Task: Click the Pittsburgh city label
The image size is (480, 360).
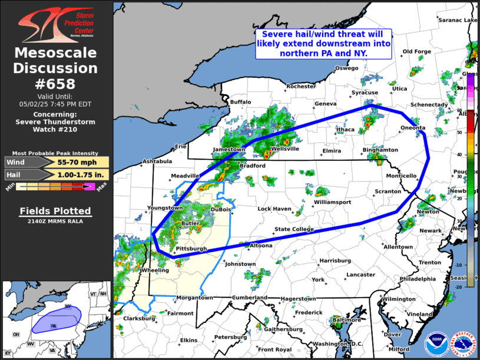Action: coord(191,249)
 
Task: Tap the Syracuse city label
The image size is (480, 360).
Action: coord(365,93)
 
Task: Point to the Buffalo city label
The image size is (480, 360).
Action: coord(240,102)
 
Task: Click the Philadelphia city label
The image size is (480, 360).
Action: coord(401,279)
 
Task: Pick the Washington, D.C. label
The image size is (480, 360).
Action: coord(338,344)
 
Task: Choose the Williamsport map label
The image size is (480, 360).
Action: coord(332,202)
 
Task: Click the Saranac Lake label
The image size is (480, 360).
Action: coord(457,20)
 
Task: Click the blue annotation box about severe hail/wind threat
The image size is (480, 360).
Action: coord(323,44)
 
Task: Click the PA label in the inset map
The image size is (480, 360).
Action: coord(53,325)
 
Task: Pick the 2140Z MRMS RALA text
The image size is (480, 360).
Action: coord(56,222)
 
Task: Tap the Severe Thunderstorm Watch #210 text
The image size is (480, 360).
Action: coord(56,125)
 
